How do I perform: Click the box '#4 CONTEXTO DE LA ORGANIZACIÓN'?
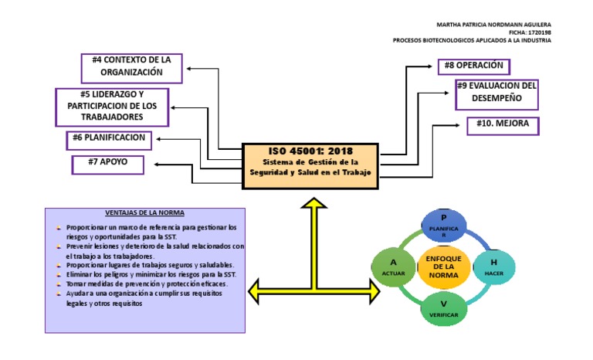tap(132, 67)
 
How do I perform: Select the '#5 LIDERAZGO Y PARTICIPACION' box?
tap(111, 107)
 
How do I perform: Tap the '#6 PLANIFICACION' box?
tap(108, 139)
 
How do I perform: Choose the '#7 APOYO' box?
tap(107, 164)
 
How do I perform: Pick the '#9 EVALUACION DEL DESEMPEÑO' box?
tap(496, 93)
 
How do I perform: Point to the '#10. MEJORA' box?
tap(503, 126)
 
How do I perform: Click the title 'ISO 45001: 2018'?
tap(310, 151)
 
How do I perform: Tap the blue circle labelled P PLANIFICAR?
tap(444, 223)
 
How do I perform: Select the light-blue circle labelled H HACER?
tap(493, 267)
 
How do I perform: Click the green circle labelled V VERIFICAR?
tap(444, 309)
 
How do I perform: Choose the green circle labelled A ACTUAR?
tap(394, 267)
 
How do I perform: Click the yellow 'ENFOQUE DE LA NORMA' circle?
tap(443, 267)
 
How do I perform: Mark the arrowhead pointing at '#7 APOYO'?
tap(158, 164)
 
